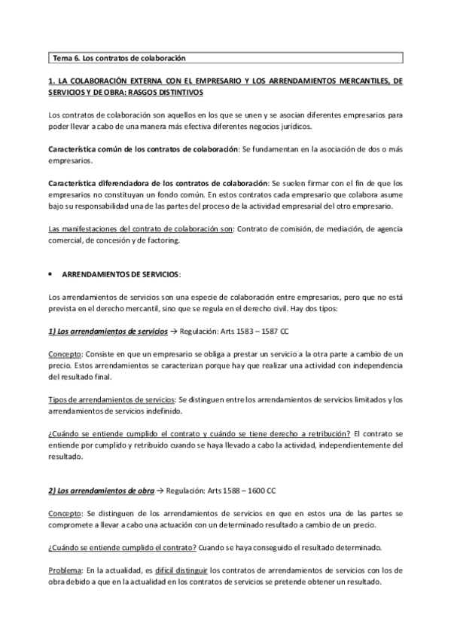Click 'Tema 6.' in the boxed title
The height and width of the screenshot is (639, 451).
click(x=66, y=57)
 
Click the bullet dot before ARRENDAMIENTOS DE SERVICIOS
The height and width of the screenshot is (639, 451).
click(x=49, y=275)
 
